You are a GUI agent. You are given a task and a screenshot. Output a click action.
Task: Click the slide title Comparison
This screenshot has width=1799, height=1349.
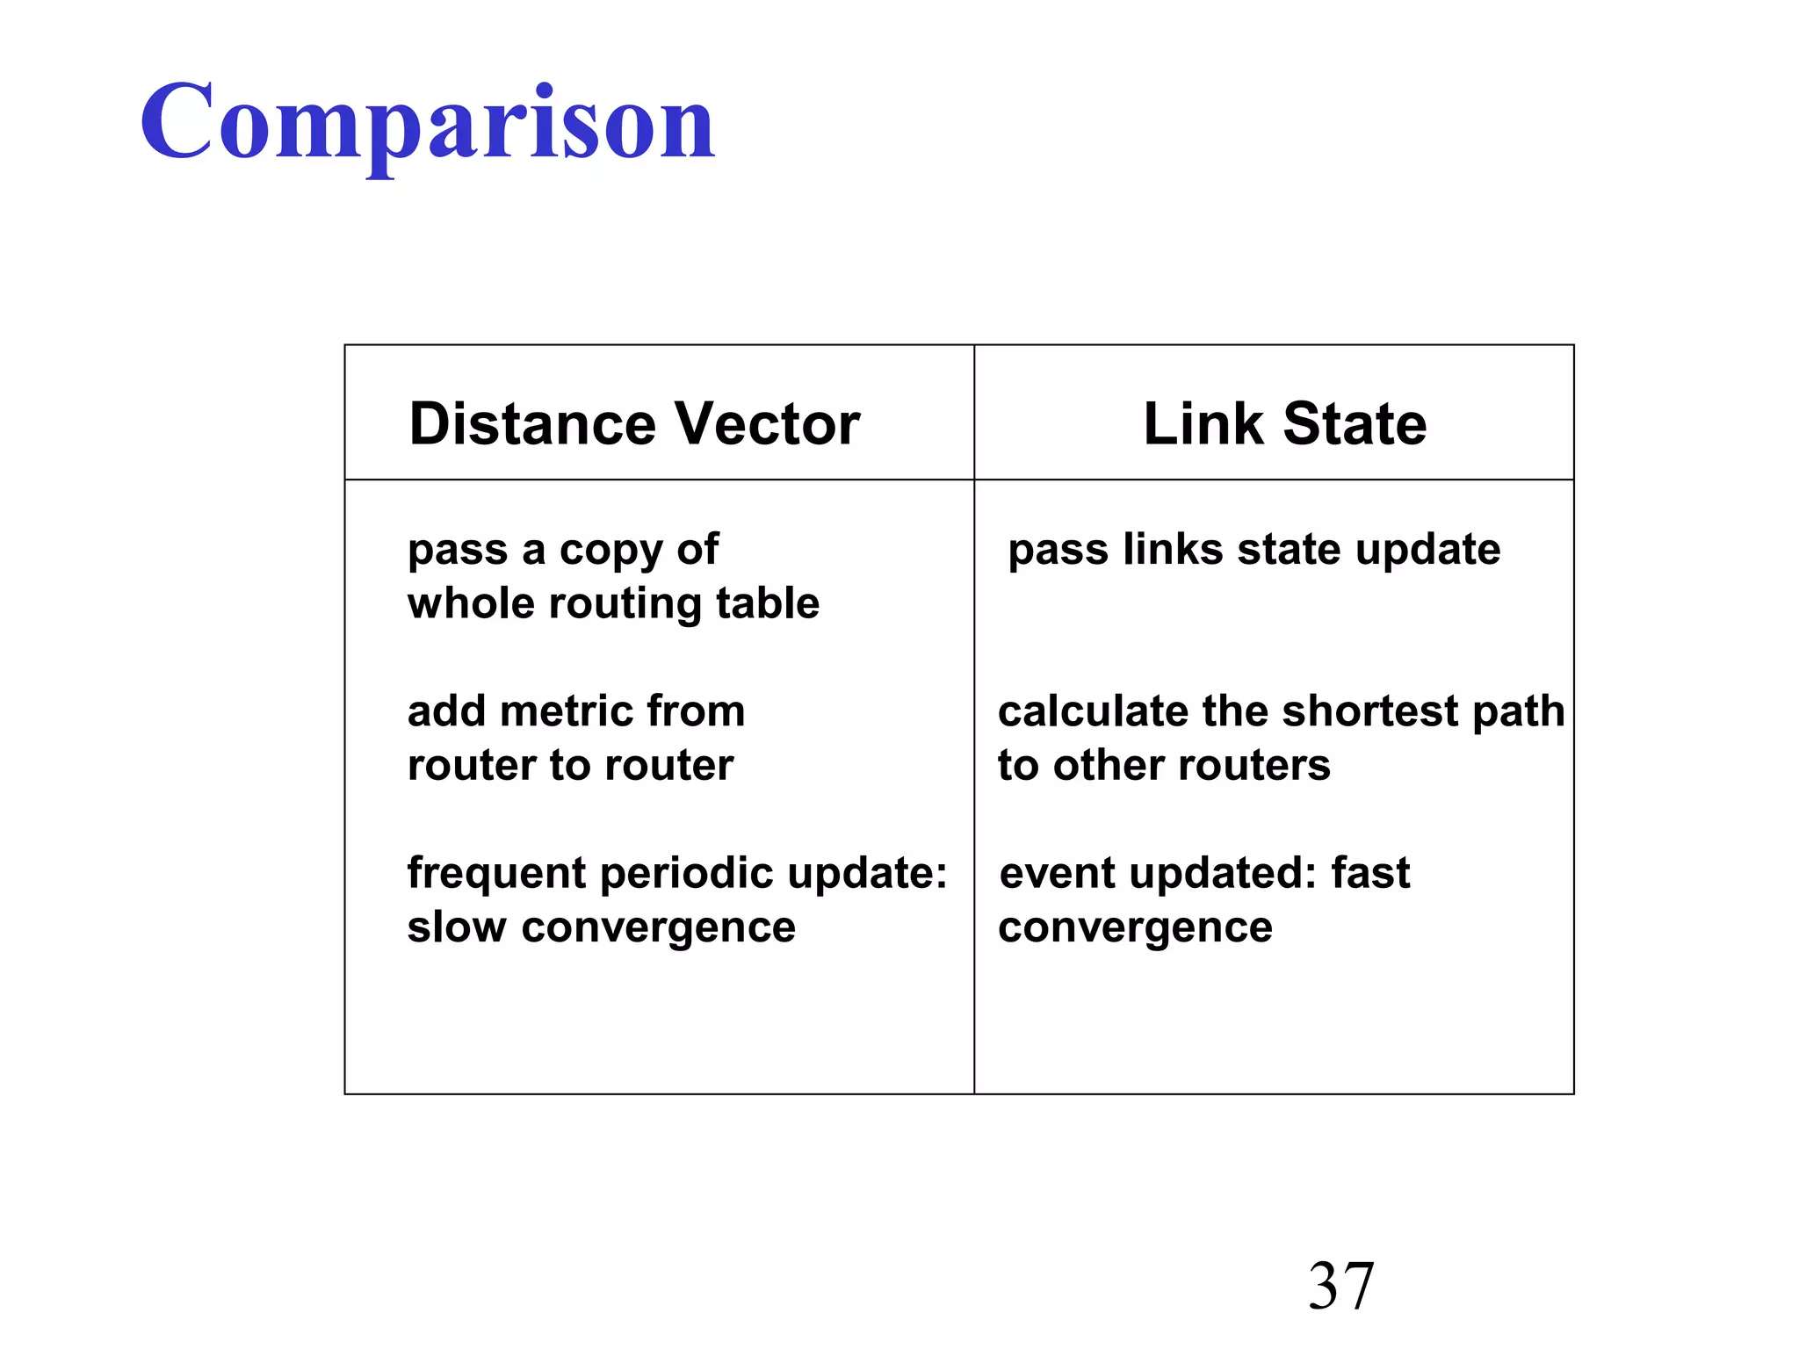(428, 123)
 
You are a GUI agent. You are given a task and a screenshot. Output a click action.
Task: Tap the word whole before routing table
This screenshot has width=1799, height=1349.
(470, 604)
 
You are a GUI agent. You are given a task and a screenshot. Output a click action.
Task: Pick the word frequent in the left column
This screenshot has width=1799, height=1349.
(496, 875)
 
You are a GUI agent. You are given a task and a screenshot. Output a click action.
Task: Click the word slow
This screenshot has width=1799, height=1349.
(456, 928)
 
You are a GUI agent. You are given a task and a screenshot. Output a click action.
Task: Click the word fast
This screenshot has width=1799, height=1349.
(1370, 874)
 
